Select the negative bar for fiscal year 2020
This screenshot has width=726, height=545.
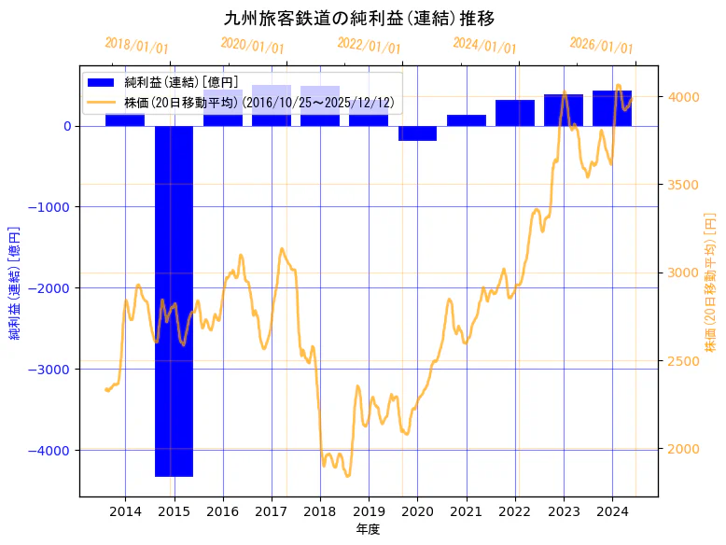pos(417,133)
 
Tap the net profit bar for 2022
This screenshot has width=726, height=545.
pos(515,113)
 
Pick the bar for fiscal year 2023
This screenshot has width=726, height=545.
pos(564,110)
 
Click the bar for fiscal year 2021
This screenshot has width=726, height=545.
pos(467,120)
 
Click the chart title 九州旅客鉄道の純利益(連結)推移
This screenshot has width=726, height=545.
pos(359,19)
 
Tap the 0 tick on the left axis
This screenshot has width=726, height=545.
pos(67,126)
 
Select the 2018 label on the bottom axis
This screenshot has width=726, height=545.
pos(320,510)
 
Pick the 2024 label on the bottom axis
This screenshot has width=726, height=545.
pos(612,510)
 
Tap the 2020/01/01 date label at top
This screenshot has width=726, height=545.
pos(252,45)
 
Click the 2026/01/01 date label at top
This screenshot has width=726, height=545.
pos(601,47)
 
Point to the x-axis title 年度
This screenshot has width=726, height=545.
pos(368,529)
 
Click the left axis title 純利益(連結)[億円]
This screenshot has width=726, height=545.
pos(15,282)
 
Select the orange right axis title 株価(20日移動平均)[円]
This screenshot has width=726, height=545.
pos(710,281)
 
